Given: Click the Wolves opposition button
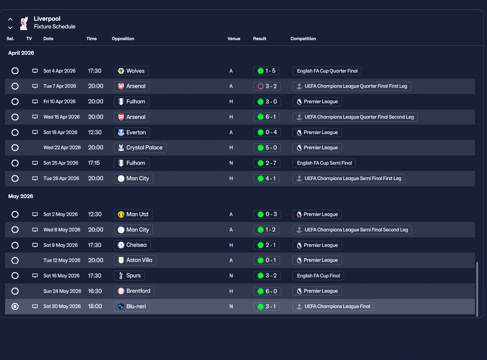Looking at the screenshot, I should (x=131, y=71).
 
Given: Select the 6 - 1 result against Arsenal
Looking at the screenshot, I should (x=267, y=117).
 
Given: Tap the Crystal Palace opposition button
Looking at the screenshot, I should (x=140, y=148).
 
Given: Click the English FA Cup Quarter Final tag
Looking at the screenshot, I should (x=327, y=71).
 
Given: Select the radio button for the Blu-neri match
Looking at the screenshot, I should (x=15, y=306).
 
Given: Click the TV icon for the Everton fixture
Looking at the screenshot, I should (x=35, y=133).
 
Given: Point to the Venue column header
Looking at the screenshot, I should (x=234, y=39).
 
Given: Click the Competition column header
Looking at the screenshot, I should (x=303, y=39).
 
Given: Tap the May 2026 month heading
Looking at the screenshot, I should (x=21, y=197).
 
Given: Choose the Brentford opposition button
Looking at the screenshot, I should (x=134, y=291).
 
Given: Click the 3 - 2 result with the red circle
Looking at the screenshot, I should (x=267, y=86).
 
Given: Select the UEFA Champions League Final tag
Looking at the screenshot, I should (x=333, y=306).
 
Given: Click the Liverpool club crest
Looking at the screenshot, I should (x=24, y=23).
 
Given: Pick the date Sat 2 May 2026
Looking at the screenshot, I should (x=60, y=214).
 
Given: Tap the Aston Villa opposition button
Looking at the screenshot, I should (x=135, y=260).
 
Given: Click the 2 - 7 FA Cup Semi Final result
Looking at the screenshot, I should (x=267, y=163).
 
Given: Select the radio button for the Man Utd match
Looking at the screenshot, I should (x=15, y=214).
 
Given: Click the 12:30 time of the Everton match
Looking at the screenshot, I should (x=95, y=133).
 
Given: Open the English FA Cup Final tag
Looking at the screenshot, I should (x=318, y=276).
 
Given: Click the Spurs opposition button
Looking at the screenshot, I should (x=129, y=276).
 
